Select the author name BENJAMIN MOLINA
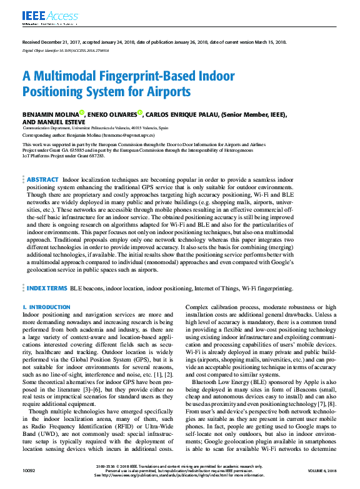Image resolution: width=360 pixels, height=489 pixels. coord(50,115)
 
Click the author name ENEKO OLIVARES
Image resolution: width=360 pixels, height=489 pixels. coord(112,115)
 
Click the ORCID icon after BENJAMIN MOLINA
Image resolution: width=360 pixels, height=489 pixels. coord(82,113)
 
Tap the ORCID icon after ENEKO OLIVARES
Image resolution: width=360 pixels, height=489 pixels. coord(141,113)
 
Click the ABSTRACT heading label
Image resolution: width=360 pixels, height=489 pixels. coord(43,179)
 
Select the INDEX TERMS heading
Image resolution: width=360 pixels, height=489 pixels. coord(47,289)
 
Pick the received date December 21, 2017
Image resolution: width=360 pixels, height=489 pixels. coord(54,42)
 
